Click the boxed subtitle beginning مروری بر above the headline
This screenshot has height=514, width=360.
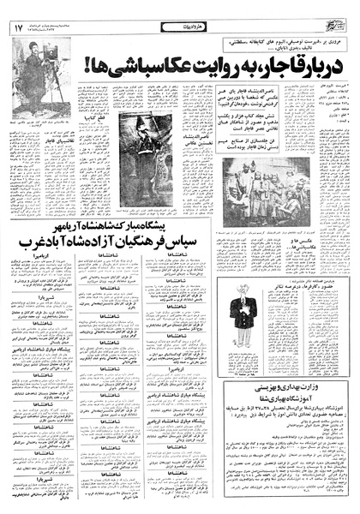(261, 43)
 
